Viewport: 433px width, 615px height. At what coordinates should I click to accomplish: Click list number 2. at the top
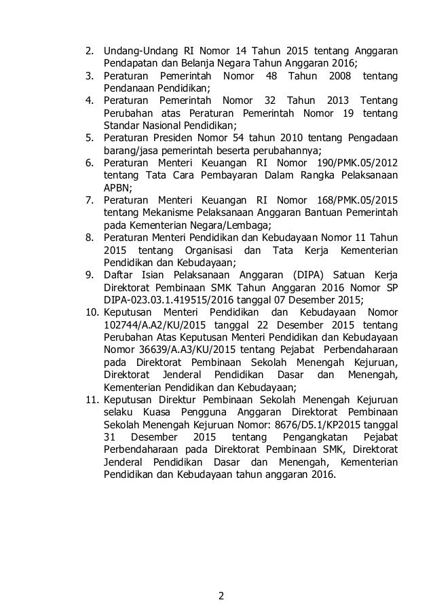pos(88,51)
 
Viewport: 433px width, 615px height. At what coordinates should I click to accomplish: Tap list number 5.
pos(88,138)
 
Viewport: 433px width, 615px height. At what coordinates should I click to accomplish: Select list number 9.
pos(88,275)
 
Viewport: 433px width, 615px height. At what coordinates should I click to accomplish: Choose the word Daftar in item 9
pos(119,275)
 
